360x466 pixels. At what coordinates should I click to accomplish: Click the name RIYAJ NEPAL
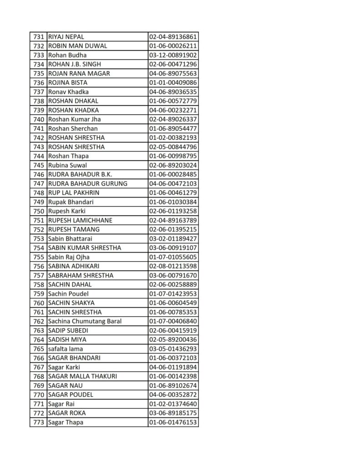[66, 37]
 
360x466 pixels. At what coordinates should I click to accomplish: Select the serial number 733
[39, 55]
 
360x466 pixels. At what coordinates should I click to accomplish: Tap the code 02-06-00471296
[173, 64]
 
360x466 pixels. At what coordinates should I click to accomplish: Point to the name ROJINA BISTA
[67, 83]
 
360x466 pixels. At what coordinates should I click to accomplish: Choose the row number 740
[39, 119]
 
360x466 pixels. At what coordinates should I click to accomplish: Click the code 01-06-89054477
[173, 128]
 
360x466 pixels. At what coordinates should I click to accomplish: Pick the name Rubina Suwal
[67, 165]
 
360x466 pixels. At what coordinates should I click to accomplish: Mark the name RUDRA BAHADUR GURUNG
[87, 183]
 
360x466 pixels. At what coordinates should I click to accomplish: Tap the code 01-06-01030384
[173, 202]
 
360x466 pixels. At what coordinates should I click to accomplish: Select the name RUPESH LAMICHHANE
[80, 220]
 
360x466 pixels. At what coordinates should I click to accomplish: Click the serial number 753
[39, 238]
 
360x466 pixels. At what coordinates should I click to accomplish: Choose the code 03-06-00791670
[173, 275]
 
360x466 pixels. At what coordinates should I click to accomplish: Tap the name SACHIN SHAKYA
[71, 303]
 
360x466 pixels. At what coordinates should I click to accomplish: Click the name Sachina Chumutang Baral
[85, 321]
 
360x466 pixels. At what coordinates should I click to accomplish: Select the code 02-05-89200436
[173, 339]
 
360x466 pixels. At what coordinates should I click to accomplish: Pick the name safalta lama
[65, 349]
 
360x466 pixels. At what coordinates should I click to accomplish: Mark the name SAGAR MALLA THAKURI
[82, 376]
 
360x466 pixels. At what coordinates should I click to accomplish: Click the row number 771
[39, 404]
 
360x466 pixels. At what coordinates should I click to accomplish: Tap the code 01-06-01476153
[173, 422]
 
